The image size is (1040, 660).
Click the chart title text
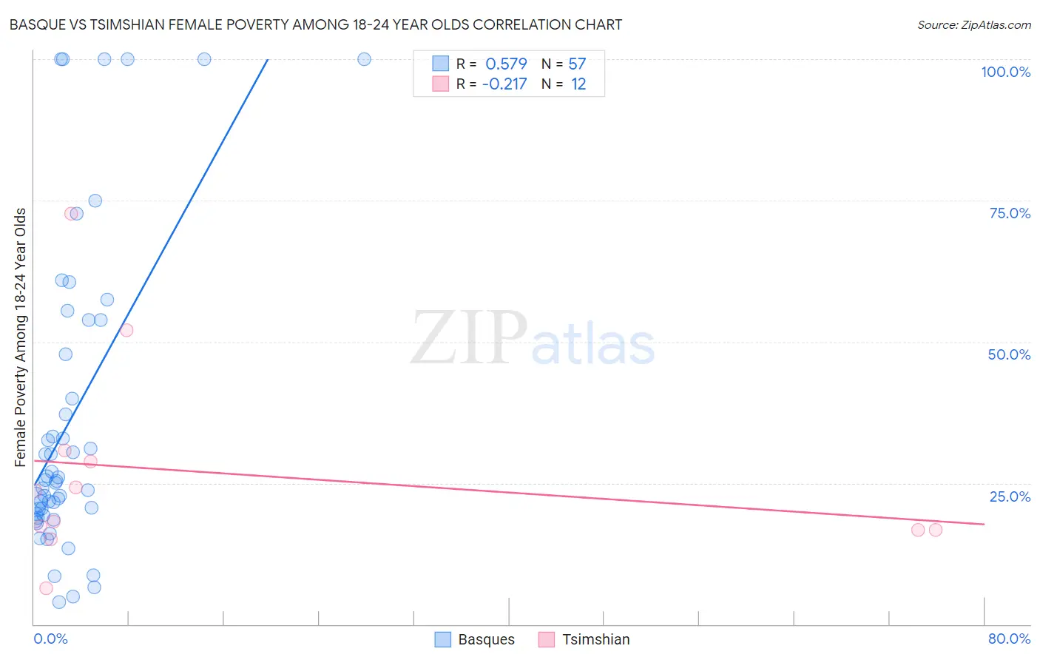[x=316, y=24]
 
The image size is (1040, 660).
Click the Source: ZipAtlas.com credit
[x=973, y=24]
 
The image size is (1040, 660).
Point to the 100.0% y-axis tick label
[x=1005, y=72]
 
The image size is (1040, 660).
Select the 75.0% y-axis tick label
[x=1010, y=213]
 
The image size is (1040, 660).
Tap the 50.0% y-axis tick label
[x=1009, y=354]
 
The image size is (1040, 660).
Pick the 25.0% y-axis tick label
[x=1010, y=496]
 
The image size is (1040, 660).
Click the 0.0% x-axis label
[x=50, y=639]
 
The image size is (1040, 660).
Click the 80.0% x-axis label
[x=1009, y=639]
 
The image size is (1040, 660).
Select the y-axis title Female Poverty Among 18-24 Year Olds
[x=21, y=337]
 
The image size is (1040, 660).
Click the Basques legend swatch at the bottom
[x=443, y=639]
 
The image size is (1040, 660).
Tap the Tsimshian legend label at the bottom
[x=595, y=639]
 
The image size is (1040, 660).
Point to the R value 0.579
[x=506, y=64]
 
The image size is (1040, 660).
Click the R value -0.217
[x=504, y=84]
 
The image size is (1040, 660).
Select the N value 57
[x=577, y=64]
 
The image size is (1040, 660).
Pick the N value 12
[x=578, y=84]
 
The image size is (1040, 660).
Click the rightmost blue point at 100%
[x=364, y=59]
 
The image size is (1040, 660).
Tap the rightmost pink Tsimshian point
[x=935, y=530]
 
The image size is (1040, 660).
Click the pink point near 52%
[x=126, y=330]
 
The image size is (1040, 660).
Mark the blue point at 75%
[x=95, y=201]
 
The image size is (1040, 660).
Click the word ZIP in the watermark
[x=469, y=339]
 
